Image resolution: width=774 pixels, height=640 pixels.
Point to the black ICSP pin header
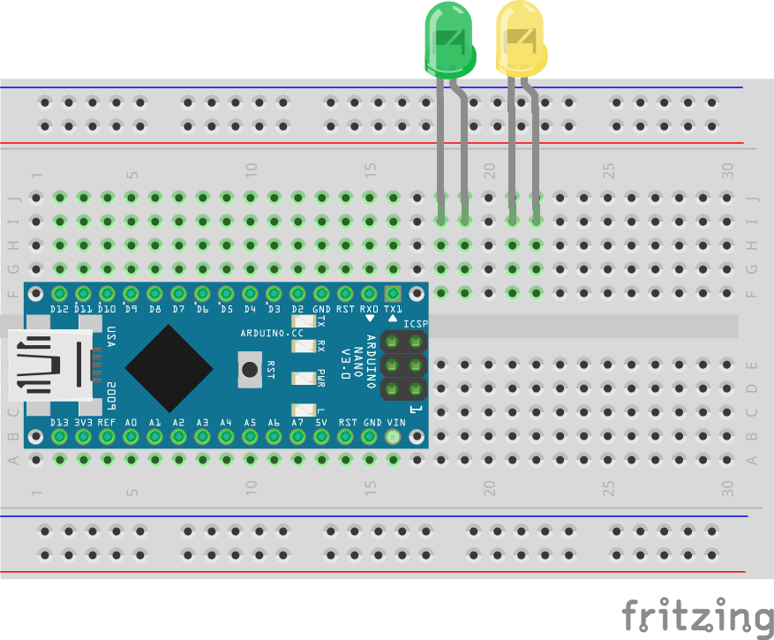403,365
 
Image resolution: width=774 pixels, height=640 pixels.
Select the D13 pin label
59,424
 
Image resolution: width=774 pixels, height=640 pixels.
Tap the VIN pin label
394,424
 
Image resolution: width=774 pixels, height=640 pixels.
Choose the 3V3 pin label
83,424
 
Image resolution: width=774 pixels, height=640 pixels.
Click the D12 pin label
59,309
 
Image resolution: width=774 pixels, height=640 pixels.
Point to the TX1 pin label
394,309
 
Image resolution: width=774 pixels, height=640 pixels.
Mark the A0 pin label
131,424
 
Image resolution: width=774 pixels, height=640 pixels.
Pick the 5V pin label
321,424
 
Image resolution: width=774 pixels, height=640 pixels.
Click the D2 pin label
297,309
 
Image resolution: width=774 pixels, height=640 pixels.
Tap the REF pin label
107,424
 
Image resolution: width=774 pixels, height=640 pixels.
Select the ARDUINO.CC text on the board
271,333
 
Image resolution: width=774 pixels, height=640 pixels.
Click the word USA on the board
110,337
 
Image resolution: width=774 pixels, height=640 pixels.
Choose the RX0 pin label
370,309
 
